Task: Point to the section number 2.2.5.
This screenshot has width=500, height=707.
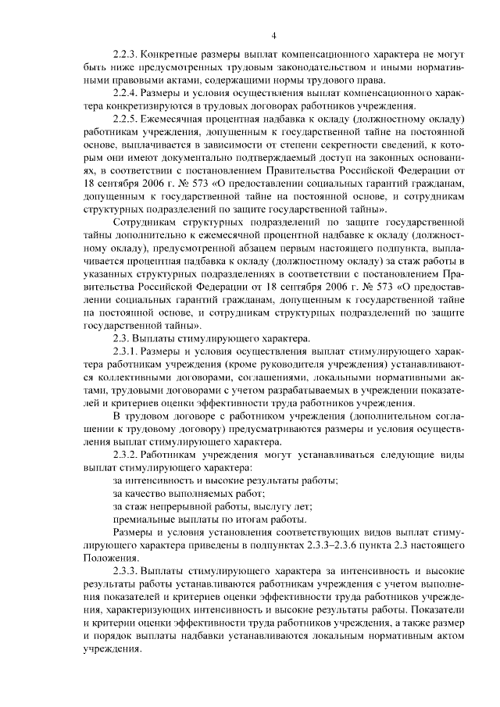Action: (126, 120)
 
